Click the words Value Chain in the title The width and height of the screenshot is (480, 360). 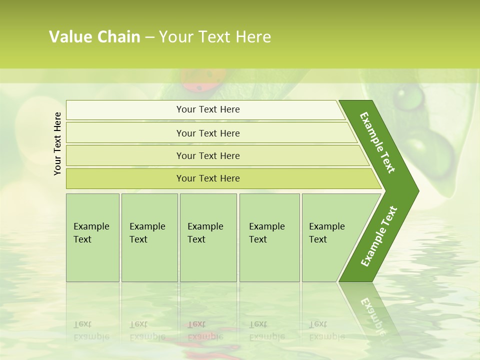coord(94,37)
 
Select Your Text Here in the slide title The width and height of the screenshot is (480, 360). coord(215,37)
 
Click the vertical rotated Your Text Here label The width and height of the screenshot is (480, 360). coord(57,143)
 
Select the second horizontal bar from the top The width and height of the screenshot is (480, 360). coord(207,133)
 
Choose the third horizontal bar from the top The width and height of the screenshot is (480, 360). coord(207,155)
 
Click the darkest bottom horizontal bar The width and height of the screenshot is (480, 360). coord(207,178)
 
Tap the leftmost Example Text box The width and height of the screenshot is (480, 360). coord(92,237)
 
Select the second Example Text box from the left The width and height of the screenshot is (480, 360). coord(149,237)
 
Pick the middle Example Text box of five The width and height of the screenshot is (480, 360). coord(208,237)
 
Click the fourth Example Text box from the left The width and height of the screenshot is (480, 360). coord(269,237)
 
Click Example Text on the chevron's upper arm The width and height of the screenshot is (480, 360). coord(377,142)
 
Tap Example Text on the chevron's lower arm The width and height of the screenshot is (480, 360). coord(378,236)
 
